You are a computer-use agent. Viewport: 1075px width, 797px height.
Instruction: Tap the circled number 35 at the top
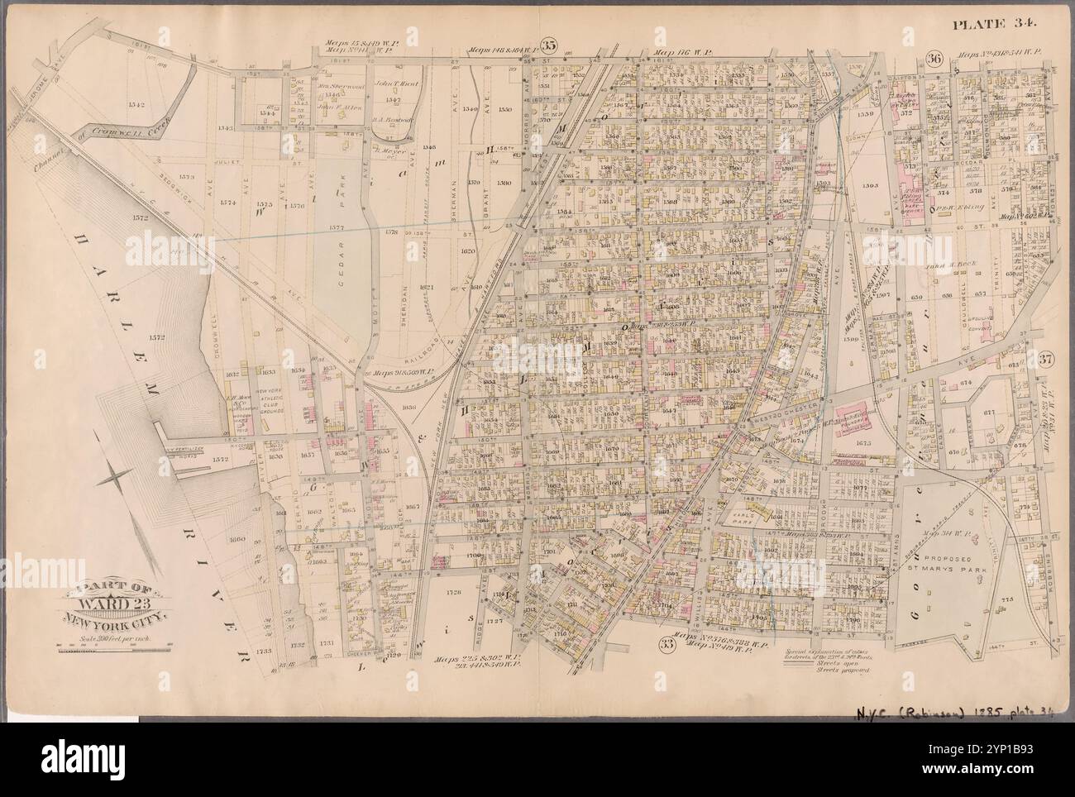547,45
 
